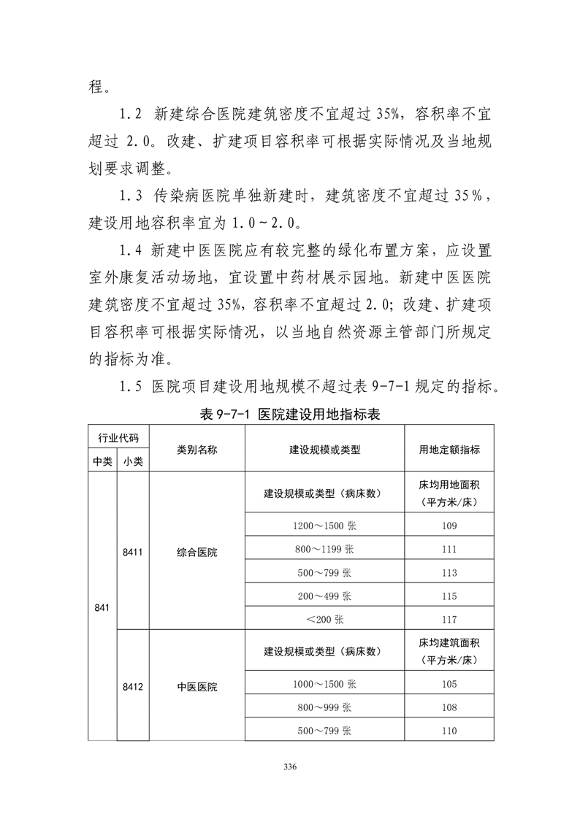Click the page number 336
(x=291, y=766)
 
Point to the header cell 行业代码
(x=118, y=437)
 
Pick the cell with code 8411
(x=132, y=552)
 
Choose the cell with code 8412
(x=132, y=686)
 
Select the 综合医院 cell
(x=196, y=552)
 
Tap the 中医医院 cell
(x=196, y=686)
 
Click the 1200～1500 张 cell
(x=324, y=526)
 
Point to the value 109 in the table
(x=449, y=526)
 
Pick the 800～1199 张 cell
(x=324, y=549)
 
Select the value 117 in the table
(x=449, y=619)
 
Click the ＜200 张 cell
(x=324, y=619)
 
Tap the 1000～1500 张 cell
(x=324, y=684)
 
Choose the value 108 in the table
(x=449, y=707)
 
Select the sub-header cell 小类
(x=132, y=461)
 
